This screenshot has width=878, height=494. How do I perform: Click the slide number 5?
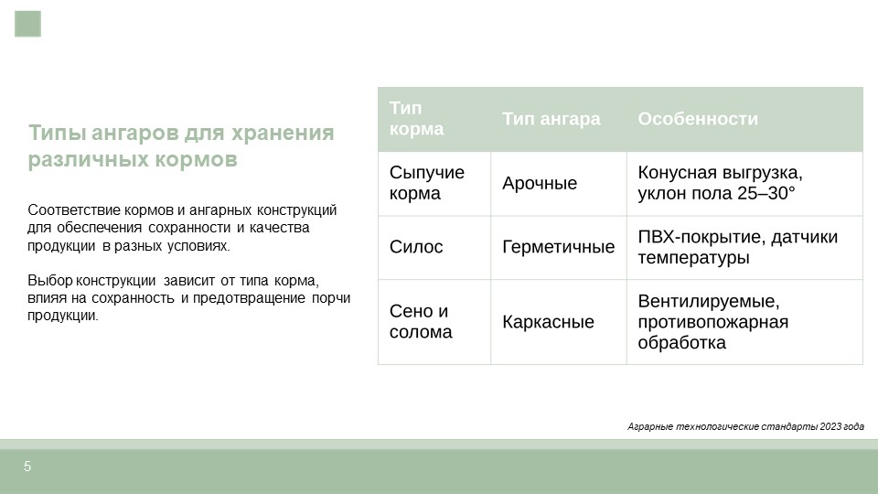pos(27,466)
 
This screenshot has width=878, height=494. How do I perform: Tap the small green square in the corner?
pos(28,24)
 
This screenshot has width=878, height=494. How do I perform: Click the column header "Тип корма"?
pos(417,118)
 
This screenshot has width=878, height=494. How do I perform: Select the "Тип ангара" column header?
pos(551,119)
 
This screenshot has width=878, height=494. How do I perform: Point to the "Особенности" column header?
pos(698,119)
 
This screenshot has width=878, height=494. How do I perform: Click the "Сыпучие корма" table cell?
pos(427,183)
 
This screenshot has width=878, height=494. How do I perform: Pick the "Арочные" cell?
pos(540,183)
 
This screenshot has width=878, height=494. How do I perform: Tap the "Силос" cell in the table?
pos(416,247)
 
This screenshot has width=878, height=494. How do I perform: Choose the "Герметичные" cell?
pos(558,247)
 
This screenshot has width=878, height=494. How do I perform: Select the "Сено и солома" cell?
pos(421,321)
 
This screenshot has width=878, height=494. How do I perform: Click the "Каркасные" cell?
pos(548,322)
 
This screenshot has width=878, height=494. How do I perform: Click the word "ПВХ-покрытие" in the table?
pos(701,238)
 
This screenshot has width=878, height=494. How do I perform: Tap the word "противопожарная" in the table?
pos(712,322)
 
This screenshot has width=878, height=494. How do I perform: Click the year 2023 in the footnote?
pos(830,427)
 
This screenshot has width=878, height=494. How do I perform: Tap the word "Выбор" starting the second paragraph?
pos(49,281)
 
